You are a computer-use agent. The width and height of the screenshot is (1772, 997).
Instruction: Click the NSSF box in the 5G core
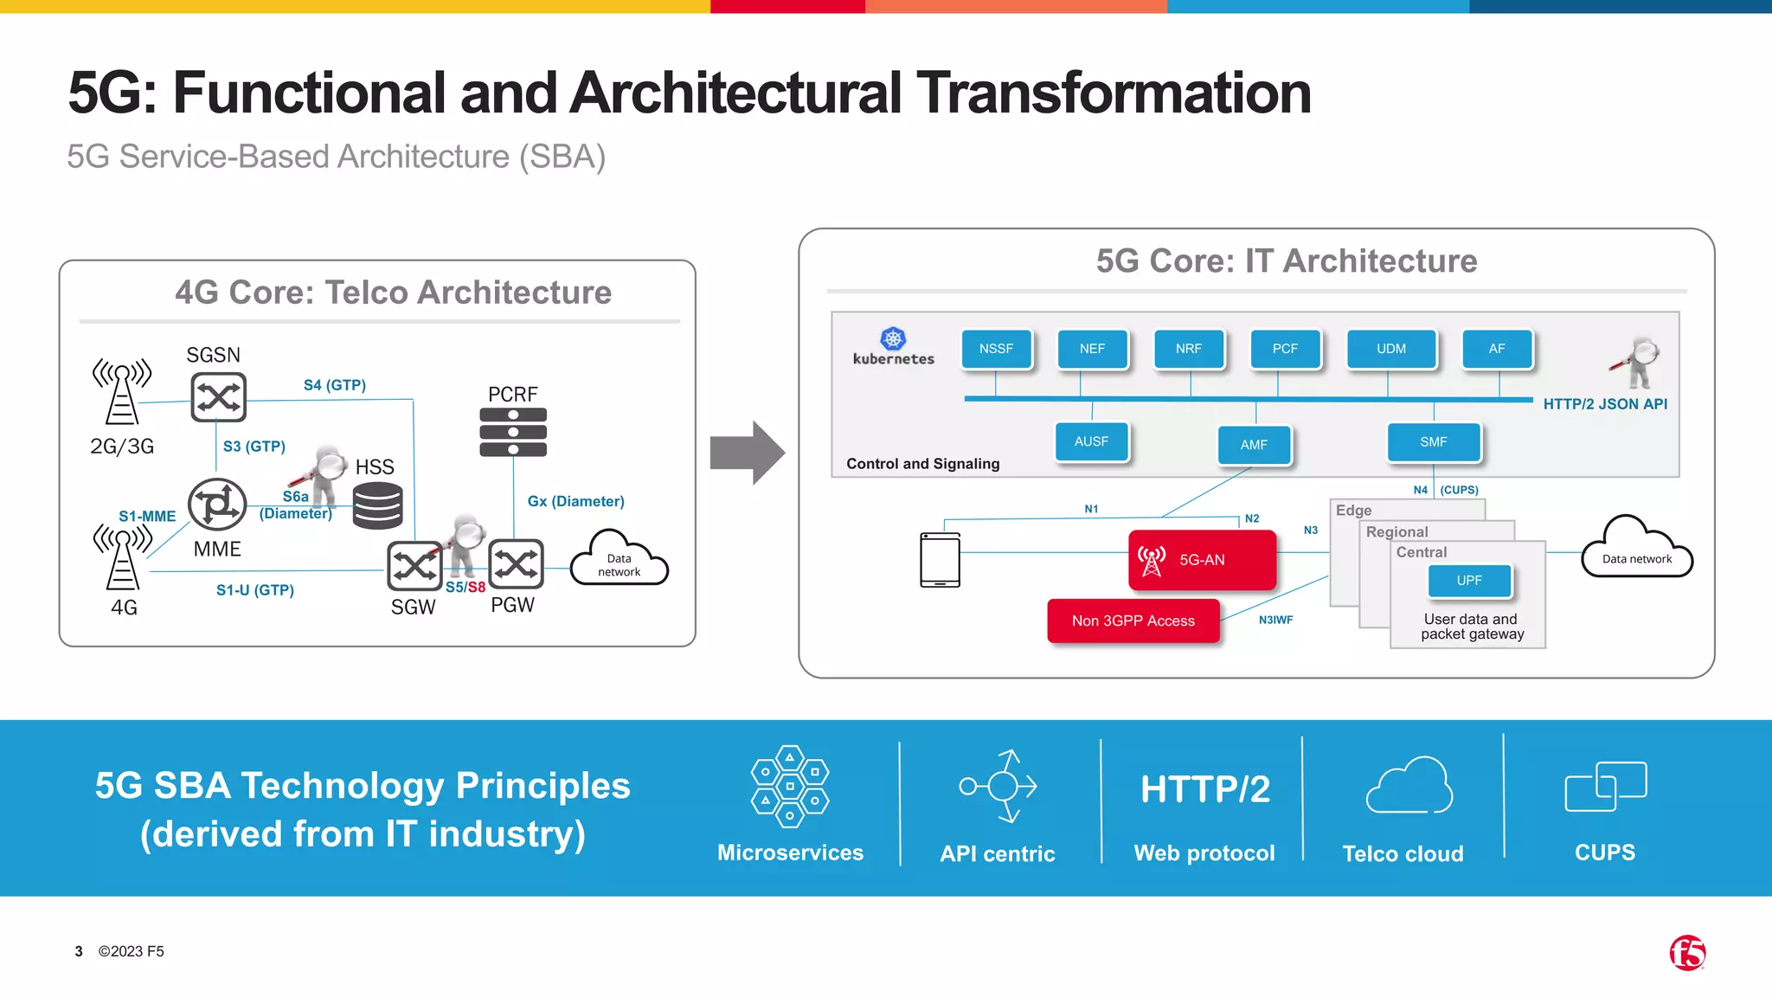(996, 349)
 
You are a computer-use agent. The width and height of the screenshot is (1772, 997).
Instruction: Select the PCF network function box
(1285, 349)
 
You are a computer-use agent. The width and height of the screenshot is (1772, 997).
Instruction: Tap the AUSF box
(1091, 441)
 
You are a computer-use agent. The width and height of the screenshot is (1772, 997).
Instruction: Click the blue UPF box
(1469, 581)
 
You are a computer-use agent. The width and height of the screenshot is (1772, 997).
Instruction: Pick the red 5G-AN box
(1202, 560)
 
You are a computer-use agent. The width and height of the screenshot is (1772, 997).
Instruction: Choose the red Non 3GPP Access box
(1133, 621)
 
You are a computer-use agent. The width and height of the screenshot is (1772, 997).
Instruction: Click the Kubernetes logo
(893, 339)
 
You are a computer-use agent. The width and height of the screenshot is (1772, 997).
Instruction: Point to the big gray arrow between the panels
(746, 453)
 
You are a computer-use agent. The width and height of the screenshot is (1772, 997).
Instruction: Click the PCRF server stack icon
(513, 432)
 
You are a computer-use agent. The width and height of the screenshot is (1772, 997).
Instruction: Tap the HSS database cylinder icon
(377, 505)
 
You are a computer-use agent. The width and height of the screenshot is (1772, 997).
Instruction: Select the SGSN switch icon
(218, 397)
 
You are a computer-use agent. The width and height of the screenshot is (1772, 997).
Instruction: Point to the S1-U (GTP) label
(255, 590)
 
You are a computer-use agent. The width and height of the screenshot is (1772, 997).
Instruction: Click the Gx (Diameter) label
(575, 501)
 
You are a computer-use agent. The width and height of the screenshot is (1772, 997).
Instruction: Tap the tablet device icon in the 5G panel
(940, 560)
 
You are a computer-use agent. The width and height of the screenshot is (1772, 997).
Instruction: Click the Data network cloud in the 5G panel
(1636, 550)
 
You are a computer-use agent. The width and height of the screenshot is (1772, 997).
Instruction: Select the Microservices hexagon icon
(789, 786)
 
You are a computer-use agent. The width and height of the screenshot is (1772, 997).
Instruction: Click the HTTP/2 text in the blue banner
(1204, 789)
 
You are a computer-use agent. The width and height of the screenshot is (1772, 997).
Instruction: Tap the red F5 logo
(1687, 953)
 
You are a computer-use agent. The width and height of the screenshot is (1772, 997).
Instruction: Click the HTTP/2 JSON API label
(1605, 404)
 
